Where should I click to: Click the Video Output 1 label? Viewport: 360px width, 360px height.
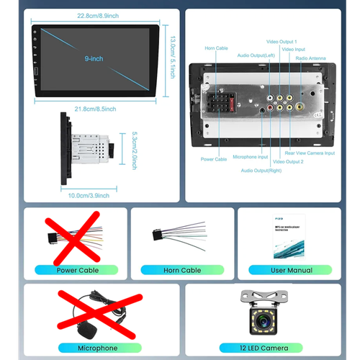282,42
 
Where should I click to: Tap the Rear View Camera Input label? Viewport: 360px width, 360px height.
309,153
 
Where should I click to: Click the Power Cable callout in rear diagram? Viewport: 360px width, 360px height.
214,160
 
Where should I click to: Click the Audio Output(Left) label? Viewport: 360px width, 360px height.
256,55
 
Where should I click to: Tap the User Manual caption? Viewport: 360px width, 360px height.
291,270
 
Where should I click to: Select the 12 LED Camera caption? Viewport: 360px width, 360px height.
264,348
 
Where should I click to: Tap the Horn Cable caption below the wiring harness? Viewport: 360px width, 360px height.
181,270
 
